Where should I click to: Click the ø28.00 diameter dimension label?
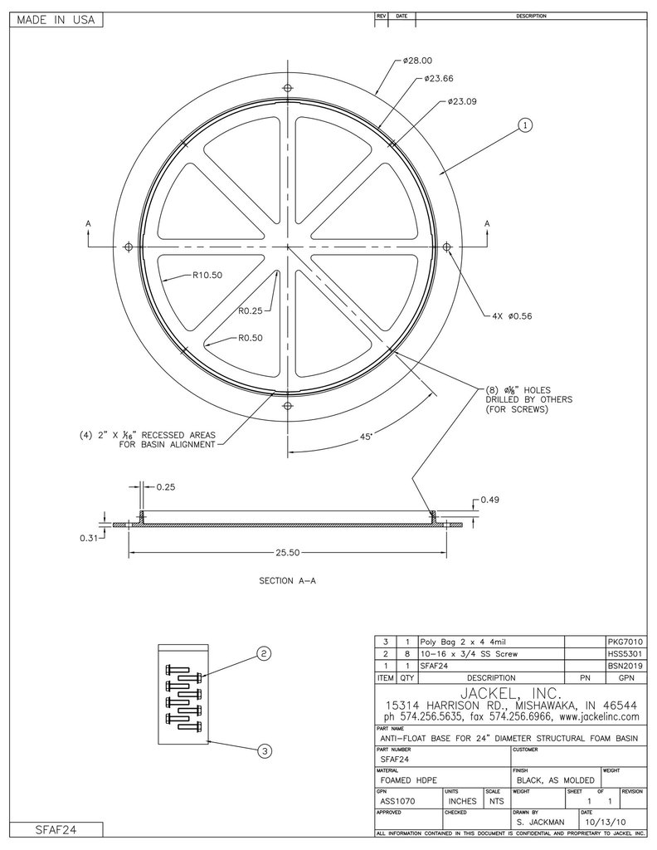coord(417,61)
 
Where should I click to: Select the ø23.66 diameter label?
coord(438,79)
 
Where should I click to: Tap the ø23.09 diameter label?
coord(461,101)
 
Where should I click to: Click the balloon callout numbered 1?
coord(524,125)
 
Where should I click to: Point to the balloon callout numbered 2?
coord(263,654)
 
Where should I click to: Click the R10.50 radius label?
coord(207,275)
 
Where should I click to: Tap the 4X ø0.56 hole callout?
coord(507,316)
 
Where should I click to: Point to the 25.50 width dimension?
coord(287,551)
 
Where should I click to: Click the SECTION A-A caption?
coord(287,581)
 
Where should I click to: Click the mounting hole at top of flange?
coord(288,89)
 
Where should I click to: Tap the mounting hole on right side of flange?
coord(446,247)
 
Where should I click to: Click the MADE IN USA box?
coord(54,21)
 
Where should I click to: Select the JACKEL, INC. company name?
coord(509,693)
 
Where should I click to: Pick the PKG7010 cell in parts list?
coord(625,642)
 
